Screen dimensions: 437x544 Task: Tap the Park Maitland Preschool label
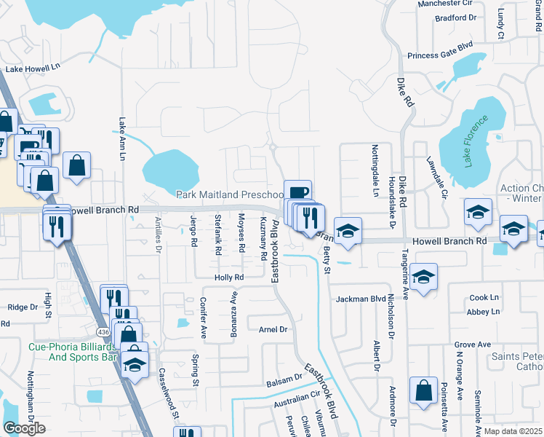click(230, 194)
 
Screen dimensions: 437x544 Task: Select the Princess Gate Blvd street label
click(440, 55)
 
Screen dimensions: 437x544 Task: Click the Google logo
click(24, 428)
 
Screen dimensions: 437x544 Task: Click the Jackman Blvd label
click(360, 299)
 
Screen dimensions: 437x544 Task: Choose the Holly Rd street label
click(228, 277)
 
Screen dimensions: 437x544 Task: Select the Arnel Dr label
click(273, 329)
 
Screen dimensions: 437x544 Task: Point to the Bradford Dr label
click(454, 18)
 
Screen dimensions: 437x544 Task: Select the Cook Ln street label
click(484, 297)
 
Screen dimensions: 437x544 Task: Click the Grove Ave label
click(473, 344)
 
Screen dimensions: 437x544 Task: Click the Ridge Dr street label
click(22, 307)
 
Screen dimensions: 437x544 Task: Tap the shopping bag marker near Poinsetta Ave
click(423, 390)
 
